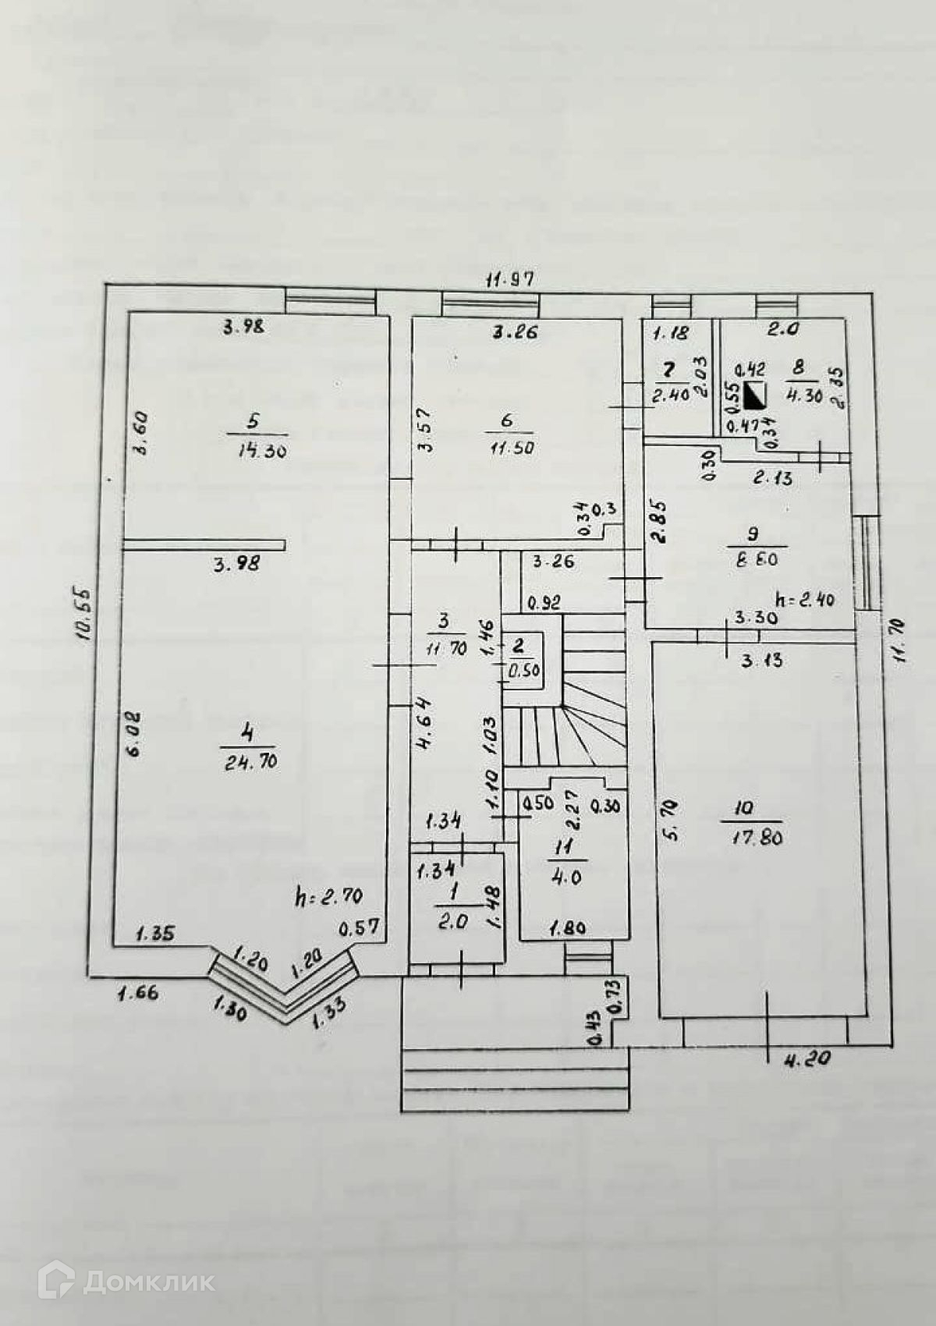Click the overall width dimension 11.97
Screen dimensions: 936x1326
coord(511,278)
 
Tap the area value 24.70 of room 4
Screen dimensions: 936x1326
coord(250,761)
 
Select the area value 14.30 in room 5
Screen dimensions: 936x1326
coord(257,450)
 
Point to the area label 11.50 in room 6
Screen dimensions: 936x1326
coord(512,448)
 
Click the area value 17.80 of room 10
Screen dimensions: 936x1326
coord(757,838)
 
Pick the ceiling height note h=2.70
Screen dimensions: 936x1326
coord(328,896)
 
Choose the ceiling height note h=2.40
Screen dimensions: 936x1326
coord(805,600)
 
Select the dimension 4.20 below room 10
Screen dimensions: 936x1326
coord(807,1058)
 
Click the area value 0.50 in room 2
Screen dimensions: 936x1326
coord(524,670)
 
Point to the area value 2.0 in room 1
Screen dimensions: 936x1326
coord(452,921)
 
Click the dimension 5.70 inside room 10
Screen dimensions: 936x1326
coord(672,820)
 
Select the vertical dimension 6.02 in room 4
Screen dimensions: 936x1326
coord(133,733)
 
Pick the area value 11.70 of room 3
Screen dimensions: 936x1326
coord(445,648)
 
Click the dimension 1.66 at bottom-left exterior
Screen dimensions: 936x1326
coord(138,993)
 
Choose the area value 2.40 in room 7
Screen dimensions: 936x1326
coord(670,395)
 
